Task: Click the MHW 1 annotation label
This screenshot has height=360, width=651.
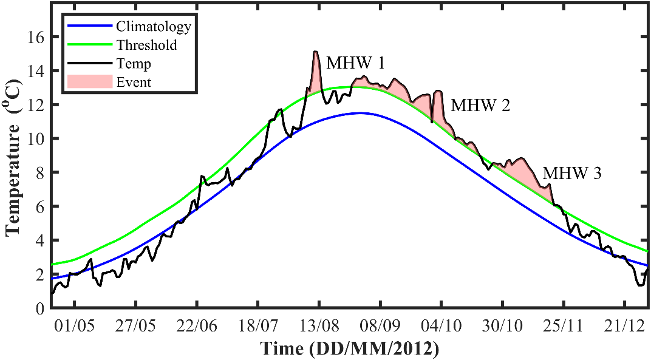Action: pyautogui.click(x=355, y=63)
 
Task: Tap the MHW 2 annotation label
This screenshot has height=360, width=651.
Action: pyautogui.click(x=480, y=106)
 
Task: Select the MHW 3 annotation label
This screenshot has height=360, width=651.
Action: pyautogui.click(x=571, y=174)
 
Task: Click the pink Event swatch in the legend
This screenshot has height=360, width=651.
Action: pyautogui.click(x=90, y=81)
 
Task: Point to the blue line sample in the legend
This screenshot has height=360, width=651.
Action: pyautogui.click(x=90, y=26)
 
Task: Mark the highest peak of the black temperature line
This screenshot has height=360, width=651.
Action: pyautogui.click(x=315, y=52)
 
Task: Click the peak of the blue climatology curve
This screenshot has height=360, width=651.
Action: pyautogui.click(x=360, y=113)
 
